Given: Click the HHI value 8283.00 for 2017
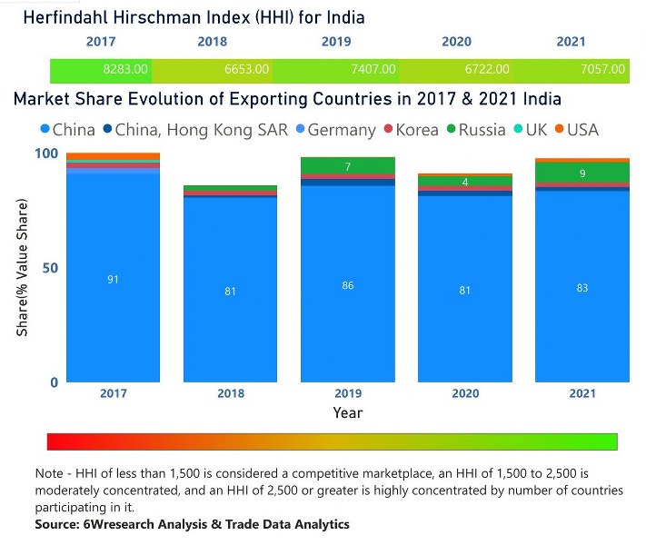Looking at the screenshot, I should [121, 69].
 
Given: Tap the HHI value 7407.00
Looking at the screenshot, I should [373, 69].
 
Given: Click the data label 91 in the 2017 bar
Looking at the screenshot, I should [113, 280].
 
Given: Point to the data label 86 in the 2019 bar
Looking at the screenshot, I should [348, 285].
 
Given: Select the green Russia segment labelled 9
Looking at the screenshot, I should [582, 173].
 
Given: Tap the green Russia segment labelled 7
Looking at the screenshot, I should [348, 166].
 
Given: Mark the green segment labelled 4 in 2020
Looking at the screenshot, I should [465, 182].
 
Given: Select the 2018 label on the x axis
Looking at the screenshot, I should [230, 394].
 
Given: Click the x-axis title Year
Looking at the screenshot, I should [347, 412].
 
